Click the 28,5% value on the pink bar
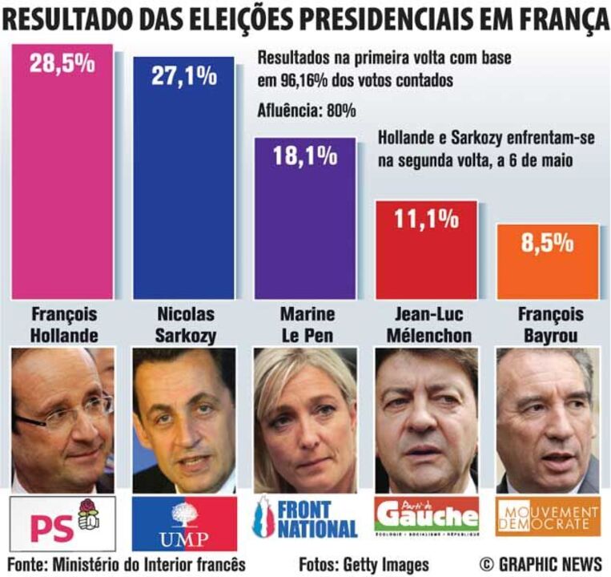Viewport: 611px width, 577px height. [62, 64]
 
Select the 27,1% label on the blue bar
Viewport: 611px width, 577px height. [184, 77]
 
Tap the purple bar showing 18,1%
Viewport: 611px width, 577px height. [305, 216]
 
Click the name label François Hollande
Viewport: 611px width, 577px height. [62, 325]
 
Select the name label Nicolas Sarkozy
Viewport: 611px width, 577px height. [184, 325]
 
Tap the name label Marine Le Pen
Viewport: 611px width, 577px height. [307, 325]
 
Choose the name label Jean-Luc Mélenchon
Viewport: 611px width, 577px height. [426, 325]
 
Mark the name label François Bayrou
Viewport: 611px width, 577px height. [549, 325]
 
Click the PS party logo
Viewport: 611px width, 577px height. [62, 523]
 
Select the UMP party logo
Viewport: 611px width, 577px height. [184, 523]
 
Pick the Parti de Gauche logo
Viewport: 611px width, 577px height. [426, 517]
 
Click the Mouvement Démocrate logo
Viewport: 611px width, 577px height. [548, 517]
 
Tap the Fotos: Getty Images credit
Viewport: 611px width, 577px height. [364, 563]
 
